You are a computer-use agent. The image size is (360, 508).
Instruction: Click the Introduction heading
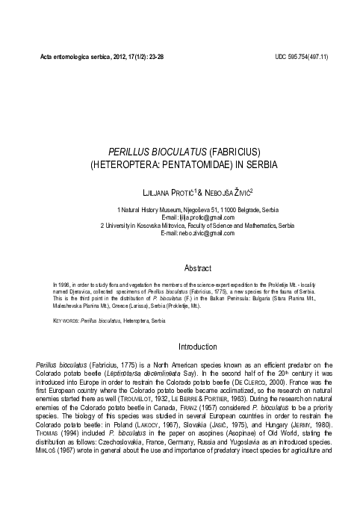pyautogui.click(x=197, y=347)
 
